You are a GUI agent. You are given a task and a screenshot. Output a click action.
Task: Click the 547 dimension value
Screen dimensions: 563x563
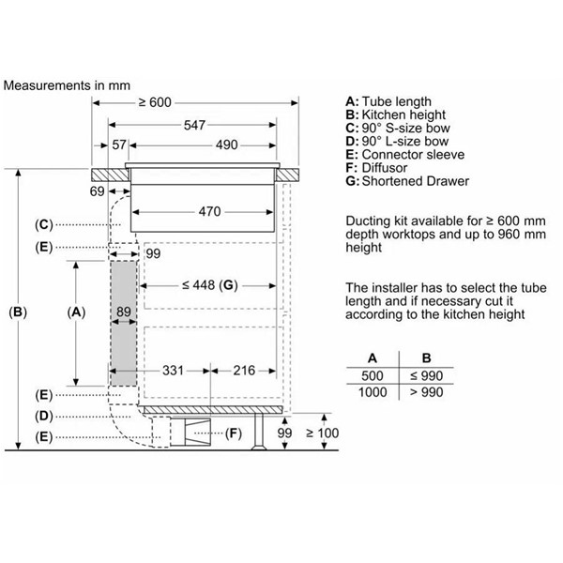pos(194,125)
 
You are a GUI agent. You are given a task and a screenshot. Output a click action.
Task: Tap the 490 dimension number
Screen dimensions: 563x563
pos(226,145)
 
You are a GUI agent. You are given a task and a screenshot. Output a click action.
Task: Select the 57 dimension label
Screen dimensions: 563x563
pos(119,145)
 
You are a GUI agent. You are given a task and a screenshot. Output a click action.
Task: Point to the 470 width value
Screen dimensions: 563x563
pos(209,211)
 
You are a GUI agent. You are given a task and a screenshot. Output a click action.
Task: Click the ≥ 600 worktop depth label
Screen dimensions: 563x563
pos(155,102)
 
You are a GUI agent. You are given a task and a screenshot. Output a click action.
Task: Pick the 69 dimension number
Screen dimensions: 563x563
pos(97,191)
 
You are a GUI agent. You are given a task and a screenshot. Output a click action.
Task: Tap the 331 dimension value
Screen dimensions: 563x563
pos(173,371)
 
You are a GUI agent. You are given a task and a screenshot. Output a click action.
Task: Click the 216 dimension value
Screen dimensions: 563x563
pos(244,371)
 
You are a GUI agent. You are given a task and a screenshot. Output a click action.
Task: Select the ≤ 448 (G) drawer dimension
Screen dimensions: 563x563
pos(209,285)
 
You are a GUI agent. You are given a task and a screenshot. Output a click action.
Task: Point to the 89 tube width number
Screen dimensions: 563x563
pos(124,312)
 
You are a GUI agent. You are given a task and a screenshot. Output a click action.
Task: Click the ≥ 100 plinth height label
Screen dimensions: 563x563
pos(322,433)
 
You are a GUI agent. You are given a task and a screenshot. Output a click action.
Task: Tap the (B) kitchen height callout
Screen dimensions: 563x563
pos(18,312)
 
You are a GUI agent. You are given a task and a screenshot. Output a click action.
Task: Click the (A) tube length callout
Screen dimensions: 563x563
pos(76,312)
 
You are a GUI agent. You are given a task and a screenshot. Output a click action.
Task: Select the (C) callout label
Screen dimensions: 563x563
pos(44,225)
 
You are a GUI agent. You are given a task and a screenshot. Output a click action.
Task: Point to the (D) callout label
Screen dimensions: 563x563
pos(44,416)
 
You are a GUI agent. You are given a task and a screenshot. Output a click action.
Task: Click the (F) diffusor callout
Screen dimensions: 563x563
pos(234,434)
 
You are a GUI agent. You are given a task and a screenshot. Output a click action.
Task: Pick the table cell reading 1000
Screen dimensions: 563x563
pos(373,392)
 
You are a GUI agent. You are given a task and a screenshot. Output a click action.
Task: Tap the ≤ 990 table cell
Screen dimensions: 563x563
pos(426,376)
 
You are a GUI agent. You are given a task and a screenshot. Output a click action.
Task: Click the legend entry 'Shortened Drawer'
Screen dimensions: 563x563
pos(416,181)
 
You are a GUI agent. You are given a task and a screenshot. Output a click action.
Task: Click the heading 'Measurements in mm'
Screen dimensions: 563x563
pos(67,85)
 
